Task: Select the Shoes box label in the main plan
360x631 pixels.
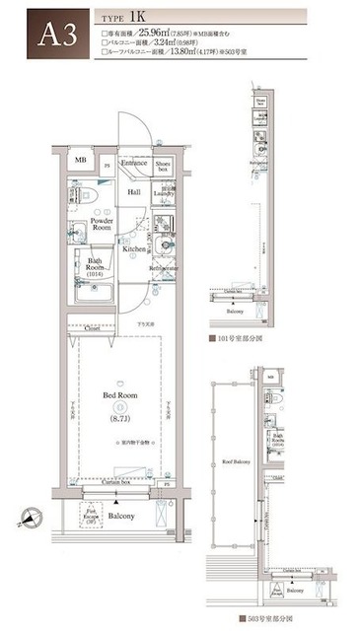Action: coord(164,165)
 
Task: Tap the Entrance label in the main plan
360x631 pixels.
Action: coord(134,162)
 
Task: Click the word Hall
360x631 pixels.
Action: coord(133,192)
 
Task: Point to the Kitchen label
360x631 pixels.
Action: coord(134,249)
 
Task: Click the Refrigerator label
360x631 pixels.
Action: coord(164,268)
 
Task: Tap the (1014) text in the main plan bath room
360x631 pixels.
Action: coord(95,275)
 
